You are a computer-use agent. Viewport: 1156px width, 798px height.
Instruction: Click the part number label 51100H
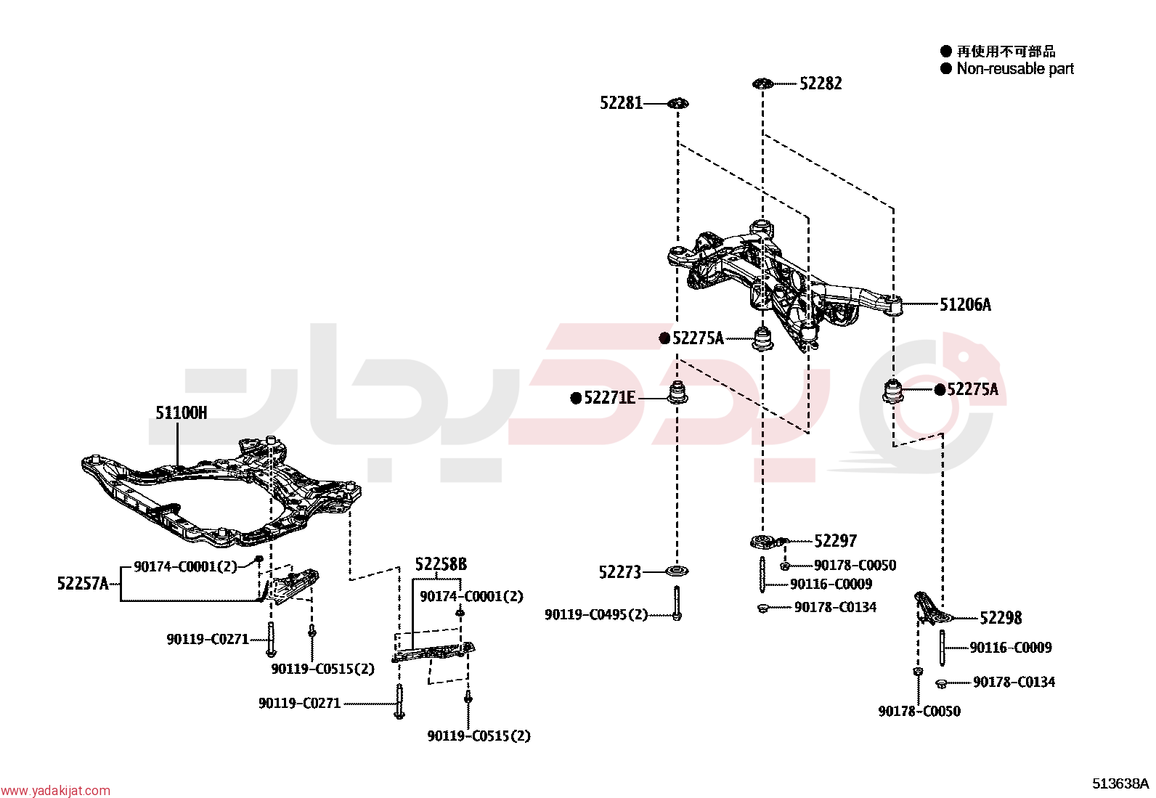pyautogui.click(x=181, y=413)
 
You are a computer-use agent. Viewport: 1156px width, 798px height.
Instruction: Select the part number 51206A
pyautogui.click(x=965, y=304)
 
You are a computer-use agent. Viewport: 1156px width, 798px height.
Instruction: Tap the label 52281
pyautogui.click(x=622, y=103)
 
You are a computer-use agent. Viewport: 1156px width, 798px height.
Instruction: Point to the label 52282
pyautogui.click(x=821, y=84)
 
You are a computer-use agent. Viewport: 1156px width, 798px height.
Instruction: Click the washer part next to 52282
pyautogui.click(x=762, y=84)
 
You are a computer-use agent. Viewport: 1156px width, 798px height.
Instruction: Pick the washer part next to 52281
pyautogui.click(x=678, y=104)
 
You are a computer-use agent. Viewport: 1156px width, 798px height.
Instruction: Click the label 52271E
pyautogui.click(x=609, y=398)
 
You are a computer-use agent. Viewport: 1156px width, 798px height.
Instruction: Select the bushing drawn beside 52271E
pyautogui.click(x=678, y=394)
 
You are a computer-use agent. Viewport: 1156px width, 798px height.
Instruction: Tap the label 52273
pyautogui.click(x=620, y=572)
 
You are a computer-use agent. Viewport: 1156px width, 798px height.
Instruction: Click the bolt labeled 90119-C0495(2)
pyautogui.click(x=677, y=603)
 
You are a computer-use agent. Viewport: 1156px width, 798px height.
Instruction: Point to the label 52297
pyautogui.click(x=835, y=541)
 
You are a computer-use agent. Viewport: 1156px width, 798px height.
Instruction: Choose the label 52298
pyautogui.click(x=1001, y=618)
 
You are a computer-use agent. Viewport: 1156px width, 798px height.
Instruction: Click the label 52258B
pyautogui.click(x=441, y=565)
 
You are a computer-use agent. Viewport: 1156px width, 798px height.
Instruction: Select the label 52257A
pyautogui.click(x=83, y=584)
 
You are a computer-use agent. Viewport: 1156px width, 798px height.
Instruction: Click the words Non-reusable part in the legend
pyautogui.click(x=1015, y=69)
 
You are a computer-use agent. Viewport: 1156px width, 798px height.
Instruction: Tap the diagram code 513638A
pyautogui.click(x=1120, y=783)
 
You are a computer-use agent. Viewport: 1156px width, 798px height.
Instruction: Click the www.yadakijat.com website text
pyautogui.click(x=55, y=791)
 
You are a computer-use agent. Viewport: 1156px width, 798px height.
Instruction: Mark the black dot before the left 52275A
pyautogui.click(x=664, y=338)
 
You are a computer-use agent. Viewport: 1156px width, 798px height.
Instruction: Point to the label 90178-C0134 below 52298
pyautogui.click(x=1014, y=683)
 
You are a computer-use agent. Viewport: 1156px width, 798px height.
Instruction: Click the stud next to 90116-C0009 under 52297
pyautogui.click(x=762, y=574)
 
